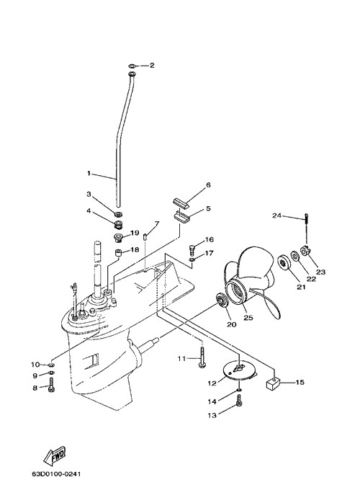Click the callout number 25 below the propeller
pyautogui.click(x=248, y=317)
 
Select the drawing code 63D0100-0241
pyautogui.click(x=56, y=474)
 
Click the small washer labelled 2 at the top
pyautogui.click(x=132, y=66)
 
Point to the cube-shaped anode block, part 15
pyautogui.click(x=271, y=384)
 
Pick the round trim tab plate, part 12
pyautogui.click(x=239, y=372)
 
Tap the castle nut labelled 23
pyautogui.click(x=305, y=250)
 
